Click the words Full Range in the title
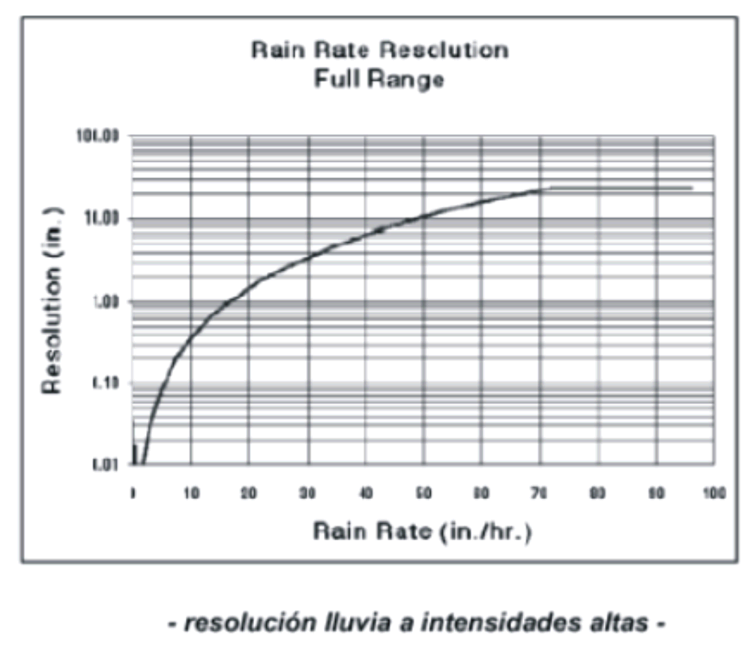379,79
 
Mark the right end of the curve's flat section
691,187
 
